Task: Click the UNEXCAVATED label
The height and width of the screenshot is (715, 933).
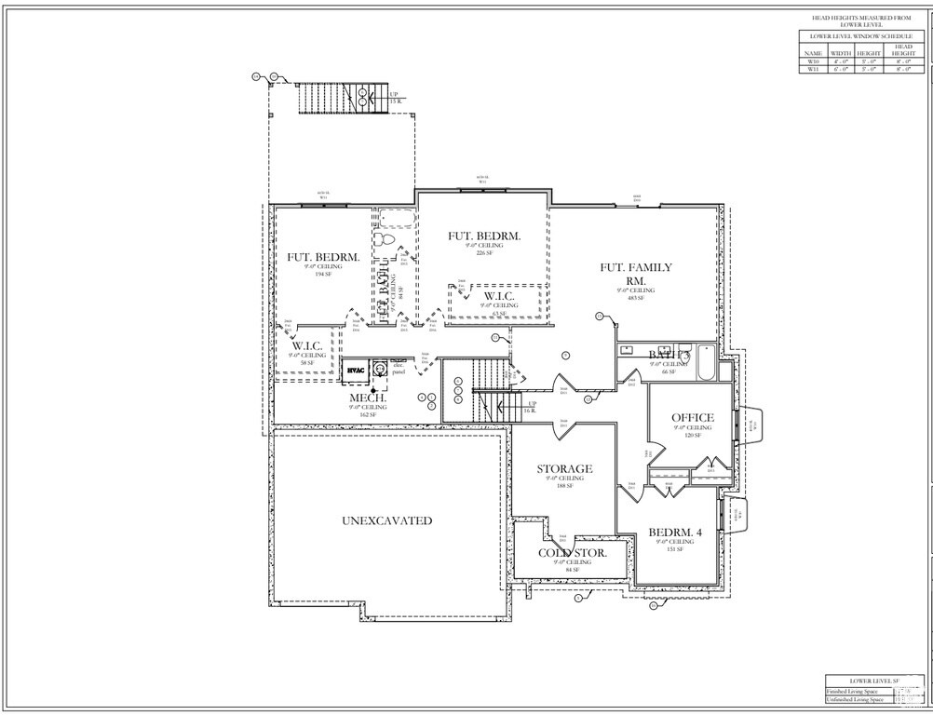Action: (x=386, y=520)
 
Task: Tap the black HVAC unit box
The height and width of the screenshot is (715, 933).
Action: (x=356, y=371)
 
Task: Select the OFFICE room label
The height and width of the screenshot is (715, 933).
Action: (x=693, y=418)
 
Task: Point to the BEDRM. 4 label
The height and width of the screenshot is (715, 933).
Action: (x=674, y=533)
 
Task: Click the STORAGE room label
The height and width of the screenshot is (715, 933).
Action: (x=564, y=468)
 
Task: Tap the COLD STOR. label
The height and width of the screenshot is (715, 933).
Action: (x=573, y=552)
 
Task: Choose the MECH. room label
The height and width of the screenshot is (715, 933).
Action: (x=368, y=398)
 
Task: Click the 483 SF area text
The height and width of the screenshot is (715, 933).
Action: (x=636, y=298)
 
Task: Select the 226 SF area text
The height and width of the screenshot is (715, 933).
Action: (x=483, y=253)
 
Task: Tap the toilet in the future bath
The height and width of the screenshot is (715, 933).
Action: (x=388, y=238)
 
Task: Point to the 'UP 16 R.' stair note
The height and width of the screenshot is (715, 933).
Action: (x=532, y=407)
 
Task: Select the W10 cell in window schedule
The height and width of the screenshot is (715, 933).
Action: (x=813, y=61)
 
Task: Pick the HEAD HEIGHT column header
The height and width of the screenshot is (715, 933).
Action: (x=903, y=49)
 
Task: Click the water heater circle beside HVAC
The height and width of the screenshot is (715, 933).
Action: (x=380, y=370)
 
